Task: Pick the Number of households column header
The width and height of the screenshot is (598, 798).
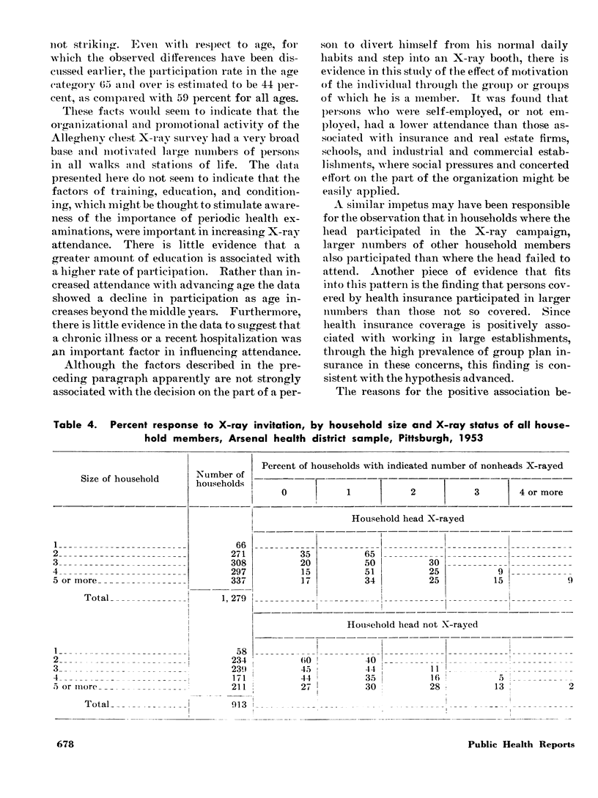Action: pos(221,479)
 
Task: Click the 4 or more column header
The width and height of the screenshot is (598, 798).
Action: pos(542,492)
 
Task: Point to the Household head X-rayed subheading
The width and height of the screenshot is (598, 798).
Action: pos(413,517)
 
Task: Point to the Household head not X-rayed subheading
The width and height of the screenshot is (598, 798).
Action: pos(413,625)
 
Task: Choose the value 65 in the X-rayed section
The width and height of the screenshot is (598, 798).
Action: pos(349,555)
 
